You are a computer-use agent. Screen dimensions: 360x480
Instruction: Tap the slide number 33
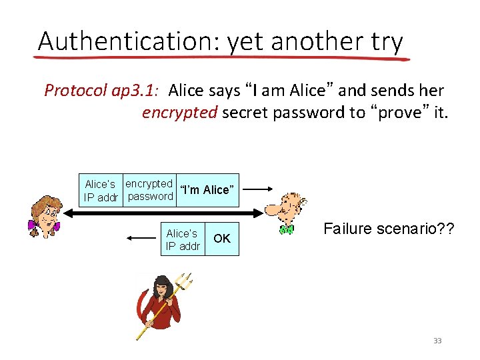(437, 341)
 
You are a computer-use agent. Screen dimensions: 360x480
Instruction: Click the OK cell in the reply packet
(222, 238)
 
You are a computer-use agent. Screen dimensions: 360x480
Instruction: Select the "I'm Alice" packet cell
(207, 190)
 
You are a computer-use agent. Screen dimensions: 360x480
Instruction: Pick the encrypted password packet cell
(149, 190)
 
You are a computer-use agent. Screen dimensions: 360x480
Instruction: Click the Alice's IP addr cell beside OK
(182, 239)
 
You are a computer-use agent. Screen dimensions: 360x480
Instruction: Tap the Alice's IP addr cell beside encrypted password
(101, 190)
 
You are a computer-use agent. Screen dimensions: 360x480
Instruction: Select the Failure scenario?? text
(389, 229)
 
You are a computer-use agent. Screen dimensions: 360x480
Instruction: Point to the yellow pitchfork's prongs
(183, 285)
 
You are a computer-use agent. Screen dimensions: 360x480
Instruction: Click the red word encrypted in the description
(179, 112)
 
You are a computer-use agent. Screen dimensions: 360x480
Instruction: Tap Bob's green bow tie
(287, 230)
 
